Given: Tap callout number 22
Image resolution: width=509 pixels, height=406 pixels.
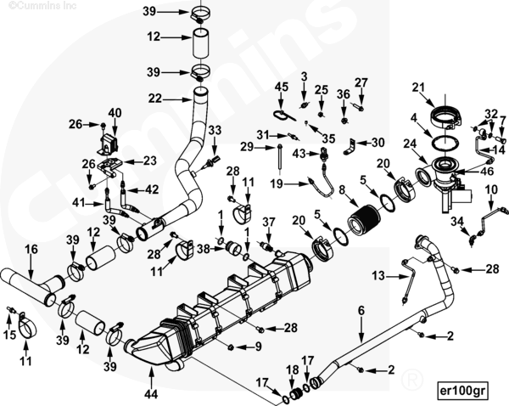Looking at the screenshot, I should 154,99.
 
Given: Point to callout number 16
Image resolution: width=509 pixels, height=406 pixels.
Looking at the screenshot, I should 31,249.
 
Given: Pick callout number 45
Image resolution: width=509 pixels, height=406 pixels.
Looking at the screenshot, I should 282,87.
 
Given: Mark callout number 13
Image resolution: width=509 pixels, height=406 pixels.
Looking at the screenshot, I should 378,275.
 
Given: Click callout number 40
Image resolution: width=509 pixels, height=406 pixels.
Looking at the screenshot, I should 115,112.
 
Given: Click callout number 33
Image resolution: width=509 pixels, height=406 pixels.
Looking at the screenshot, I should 215,129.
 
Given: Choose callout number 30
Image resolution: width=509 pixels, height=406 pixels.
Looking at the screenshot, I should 378,142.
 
